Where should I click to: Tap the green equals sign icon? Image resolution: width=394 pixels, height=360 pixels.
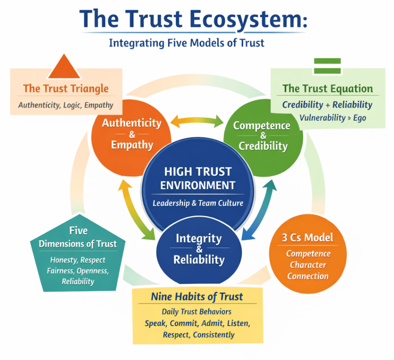(327, 66)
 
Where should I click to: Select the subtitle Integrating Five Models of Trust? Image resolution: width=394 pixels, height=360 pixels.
(187, 42)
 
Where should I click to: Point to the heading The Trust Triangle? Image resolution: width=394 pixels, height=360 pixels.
(66, 89)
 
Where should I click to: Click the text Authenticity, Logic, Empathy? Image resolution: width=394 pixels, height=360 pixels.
(66, 105)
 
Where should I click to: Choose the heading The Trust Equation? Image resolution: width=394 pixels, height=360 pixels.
(328, 89)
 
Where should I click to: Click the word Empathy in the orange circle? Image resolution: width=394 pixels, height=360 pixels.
(132, 145)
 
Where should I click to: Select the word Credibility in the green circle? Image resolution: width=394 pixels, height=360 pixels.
(263, 146)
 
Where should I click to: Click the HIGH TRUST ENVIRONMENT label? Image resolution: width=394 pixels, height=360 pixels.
(198, 178)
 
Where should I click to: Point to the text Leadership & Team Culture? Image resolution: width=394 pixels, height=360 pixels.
(198, 203)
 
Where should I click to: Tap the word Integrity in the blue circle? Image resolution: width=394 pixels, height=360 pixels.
(199, 238)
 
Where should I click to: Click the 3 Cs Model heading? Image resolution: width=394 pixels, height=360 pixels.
(307, 238)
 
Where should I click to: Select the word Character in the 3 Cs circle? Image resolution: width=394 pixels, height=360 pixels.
(308, 265)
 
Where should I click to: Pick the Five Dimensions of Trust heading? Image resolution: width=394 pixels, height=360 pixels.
(78, 238)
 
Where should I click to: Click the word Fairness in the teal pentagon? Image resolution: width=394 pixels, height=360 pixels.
(61, 271)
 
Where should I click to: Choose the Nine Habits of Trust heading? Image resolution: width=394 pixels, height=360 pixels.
(197, 297)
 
